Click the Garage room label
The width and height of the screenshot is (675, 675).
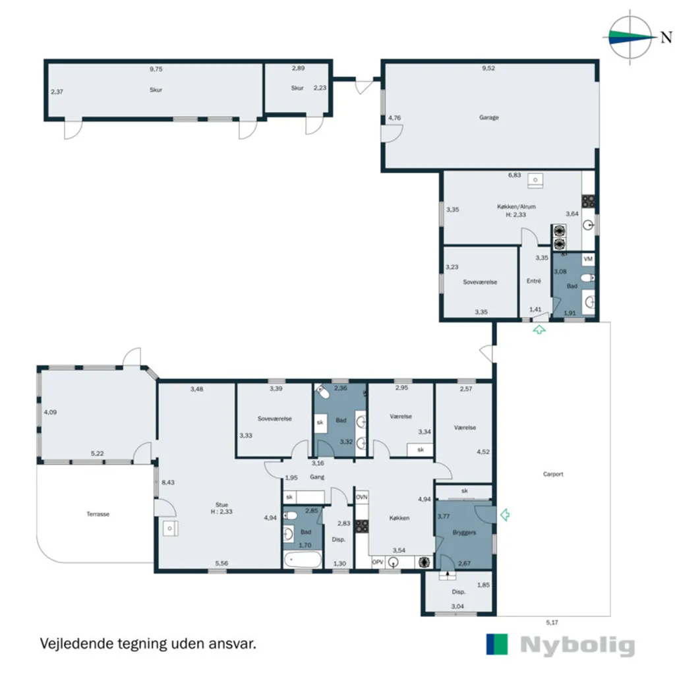click(x=488, y=117)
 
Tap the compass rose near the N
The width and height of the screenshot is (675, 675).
click(x=630, y=37)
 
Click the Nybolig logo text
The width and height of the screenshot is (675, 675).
click(x=577, y=645)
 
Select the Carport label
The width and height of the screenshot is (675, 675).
click(x=553, y=474)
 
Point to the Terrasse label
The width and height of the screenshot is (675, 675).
click(x=98, y=514)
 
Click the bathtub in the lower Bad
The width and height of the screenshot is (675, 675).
click(x=303, y=560)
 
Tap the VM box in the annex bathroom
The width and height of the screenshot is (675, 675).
click(x=588, y=258)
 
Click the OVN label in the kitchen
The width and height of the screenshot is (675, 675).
click(x=362, y=497)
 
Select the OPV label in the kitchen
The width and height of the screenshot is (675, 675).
click(x=378, y=562)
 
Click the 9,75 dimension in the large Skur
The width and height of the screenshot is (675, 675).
click(x=156, y=69)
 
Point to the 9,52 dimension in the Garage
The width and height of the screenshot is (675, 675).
click(x=488, y=68)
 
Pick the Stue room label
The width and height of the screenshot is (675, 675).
click(x=221, y=504)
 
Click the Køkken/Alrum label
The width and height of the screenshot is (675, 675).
click(x=516, y=206)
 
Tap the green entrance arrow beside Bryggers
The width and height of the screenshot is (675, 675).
click(x=505, y=514)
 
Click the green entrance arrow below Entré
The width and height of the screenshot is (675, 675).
click(x=539, y=330)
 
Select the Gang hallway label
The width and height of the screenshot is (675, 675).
click(x=317, y=477)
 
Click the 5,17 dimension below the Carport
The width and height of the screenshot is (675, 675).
click(x=552, y=622)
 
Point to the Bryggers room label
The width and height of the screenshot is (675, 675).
click(x=464, y=533)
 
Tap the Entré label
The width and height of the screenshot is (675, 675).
click(x=533, y=281)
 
